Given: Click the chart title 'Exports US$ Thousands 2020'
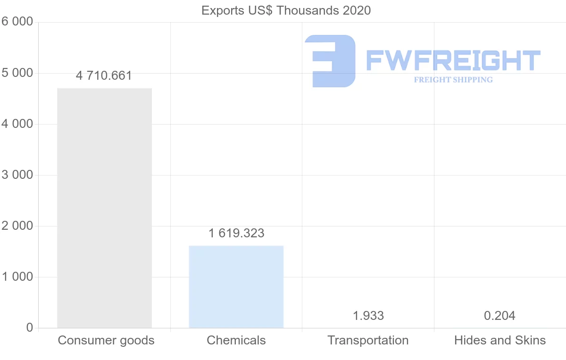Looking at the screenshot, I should (286, 10).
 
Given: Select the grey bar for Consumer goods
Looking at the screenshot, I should (104, 208).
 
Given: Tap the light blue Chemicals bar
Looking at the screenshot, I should (236, 286).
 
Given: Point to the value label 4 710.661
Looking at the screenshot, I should (104, 75).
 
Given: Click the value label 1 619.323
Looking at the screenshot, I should (236, 233).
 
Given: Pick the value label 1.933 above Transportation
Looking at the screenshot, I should (368, 316).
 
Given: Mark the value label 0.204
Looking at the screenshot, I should (499, 316).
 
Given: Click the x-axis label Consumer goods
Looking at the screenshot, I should (106, 340).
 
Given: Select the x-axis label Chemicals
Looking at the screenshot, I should (236, 340).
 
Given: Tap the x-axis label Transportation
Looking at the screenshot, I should (368, 340).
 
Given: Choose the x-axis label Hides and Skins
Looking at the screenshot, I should (500, 340).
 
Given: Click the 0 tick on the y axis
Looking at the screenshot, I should (29, 328).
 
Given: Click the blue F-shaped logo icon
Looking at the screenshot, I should (330, 61).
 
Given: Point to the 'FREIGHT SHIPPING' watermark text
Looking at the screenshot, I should (453, 80).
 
